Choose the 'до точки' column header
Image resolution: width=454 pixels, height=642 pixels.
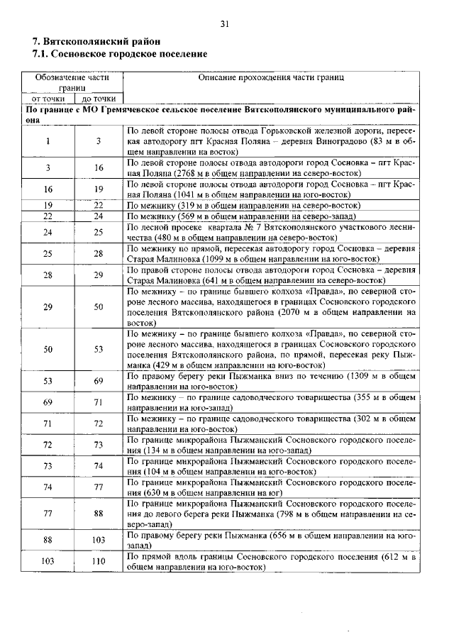click(x=99, y=99)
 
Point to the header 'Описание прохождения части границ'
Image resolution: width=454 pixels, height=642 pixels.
click(x=270, y=76)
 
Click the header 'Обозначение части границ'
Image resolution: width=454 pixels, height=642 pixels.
click(x=73, y=82)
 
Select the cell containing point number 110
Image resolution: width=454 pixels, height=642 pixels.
click(x=99, y=563)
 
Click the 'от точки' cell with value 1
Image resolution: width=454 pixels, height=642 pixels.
click(x=48, y=141)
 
